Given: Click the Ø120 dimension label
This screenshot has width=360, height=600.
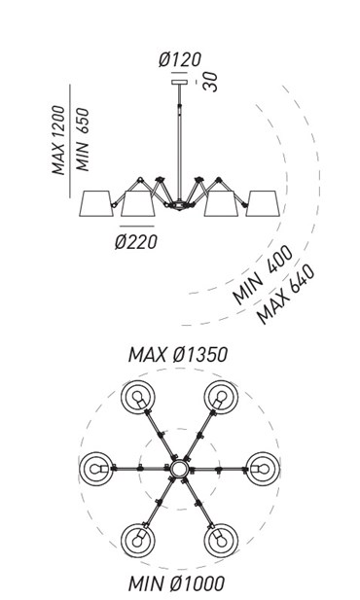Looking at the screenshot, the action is click(180, 59).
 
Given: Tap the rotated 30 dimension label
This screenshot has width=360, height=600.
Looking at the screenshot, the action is click(210, 82).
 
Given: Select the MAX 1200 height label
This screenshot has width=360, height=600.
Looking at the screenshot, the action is click(59, 140).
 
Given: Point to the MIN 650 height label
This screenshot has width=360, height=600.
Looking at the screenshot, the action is click(83, 140).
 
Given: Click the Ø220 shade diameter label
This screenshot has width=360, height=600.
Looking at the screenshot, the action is click(136, 242).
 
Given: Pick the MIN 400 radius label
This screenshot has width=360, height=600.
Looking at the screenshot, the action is click(263, 274).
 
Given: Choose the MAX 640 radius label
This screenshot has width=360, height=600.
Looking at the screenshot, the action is click(286, 294).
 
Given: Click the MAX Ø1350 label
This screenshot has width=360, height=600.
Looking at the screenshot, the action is click(178, 355).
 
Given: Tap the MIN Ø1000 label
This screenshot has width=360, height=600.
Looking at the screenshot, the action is click(176, 583).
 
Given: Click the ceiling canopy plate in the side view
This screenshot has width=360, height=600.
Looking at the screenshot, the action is click(180, 83).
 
